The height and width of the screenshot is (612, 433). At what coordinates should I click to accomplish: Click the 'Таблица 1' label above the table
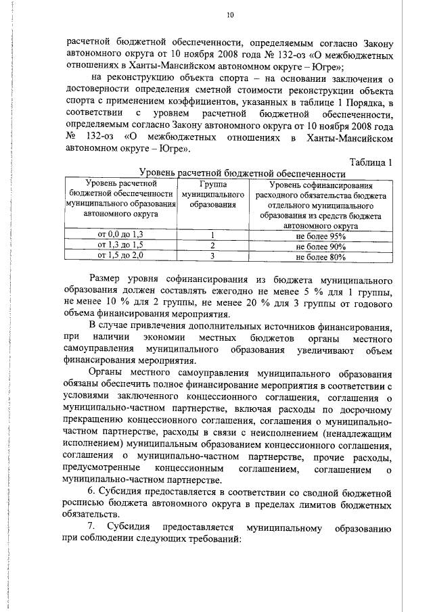371,161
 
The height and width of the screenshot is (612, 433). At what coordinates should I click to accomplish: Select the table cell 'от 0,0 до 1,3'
121,235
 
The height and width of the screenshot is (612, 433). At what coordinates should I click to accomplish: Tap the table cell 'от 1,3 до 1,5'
121,245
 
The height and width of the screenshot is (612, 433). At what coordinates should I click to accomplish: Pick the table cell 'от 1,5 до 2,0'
121,256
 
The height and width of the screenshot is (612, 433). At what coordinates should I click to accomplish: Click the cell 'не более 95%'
321,235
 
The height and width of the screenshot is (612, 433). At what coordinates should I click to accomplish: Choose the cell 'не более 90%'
321,245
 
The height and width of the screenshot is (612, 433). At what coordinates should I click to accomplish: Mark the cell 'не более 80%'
321,256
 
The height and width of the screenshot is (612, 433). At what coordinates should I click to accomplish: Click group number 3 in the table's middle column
212,256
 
